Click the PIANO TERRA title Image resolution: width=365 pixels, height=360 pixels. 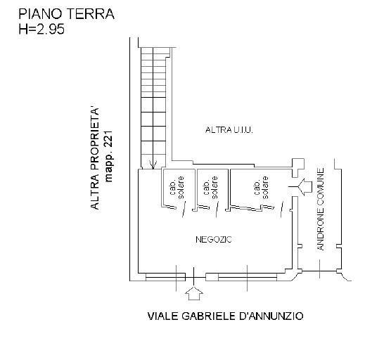coord(66,14)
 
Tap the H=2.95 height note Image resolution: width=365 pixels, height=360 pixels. coord(41,30)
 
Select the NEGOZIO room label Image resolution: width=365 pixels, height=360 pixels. coord(214,239)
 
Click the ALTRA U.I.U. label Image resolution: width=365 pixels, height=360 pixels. coord(229,130)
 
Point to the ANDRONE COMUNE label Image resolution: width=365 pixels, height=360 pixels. coord(321,209)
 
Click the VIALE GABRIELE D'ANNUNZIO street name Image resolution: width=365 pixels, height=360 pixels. coord(225,316)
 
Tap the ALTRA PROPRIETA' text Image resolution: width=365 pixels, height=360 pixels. coord(95,159)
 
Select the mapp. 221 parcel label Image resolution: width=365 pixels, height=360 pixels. coord(109,156)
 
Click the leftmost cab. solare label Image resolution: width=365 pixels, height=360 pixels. coord(177,188)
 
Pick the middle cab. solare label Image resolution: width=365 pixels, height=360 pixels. coord(211,188)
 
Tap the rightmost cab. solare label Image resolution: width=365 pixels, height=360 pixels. coord(262,188)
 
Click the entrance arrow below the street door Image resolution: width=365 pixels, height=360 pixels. coord(194,293)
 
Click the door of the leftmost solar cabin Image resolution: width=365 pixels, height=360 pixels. coord(184,210)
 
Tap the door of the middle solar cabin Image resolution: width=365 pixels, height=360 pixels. coord(217,210)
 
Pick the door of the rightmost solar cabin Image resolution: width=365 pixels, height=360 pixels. coord(282,209)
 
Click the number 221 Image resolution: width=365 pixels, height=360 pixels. coord(109,139)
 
